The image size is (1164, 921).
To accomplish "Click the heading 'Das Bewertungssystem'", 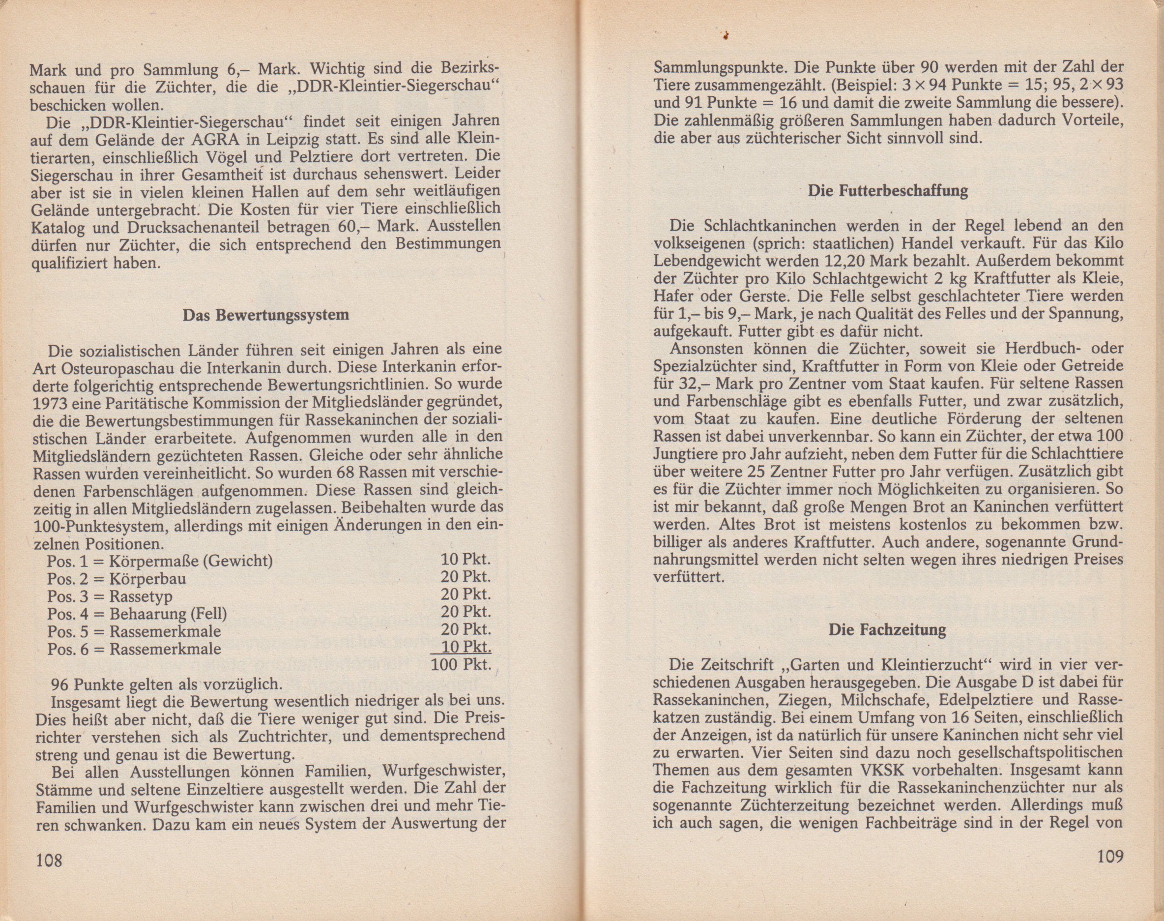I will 265,315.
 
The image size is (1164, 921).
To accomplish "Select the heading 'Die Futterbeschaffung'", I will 888,191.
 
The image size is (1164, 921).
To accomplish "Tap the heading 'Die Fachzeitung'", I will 887,630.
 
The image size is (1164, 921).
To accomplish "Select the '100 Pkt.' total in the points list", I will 461,664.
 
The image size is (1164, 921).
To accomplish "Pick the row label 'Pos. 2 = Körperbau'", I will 117,579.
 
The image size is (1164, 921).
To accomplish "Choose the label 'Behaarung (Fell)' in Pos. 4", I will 168,614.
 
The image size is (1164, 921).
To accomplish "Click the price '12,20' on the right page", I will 844,262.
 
